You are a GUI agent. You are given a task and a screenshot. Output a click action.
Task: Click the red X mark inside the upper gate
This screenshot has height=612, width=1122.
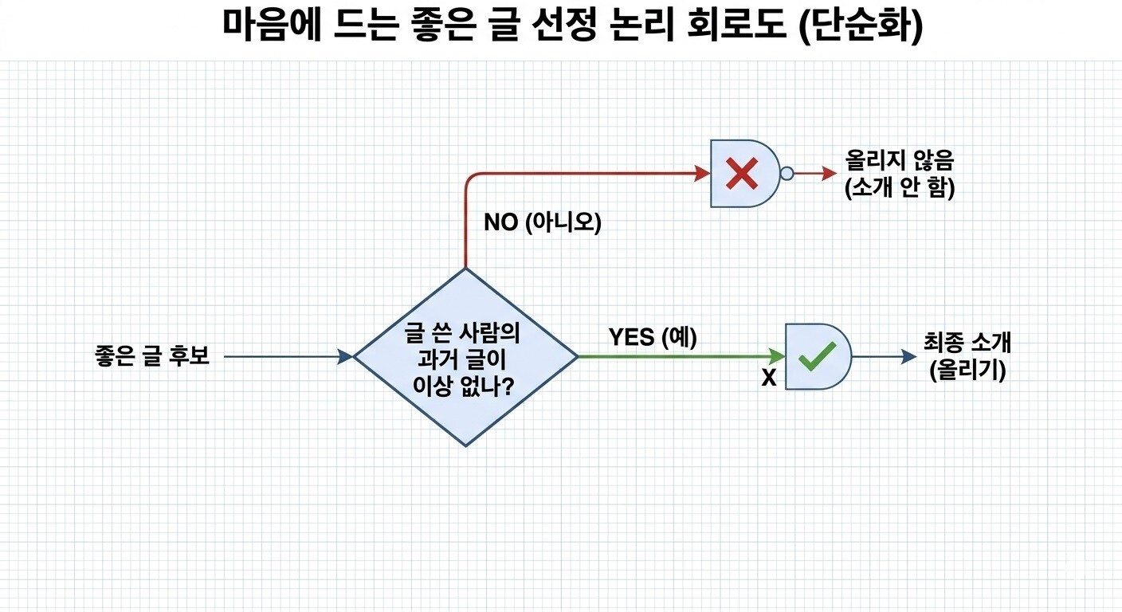coord(742,173)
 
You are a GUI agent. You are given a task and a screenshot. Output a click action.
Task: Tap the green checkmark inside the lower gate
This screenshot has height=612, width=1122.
coord(817,356)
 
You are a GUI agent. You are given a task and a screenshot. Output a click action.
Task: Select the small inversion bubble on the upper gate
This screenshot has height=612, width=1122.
coord(787,174)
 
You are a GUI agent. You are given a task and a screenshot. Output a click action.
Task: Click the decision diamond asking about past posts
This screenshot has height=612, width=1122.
coord(466,357)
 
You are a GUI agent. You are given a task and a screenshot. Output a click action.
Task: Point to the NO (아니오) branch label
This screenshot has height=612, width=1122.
coord(543,222)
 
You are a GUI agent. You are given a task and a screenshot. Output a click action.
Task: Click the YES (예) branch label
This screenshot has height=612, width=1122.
coord(653,337)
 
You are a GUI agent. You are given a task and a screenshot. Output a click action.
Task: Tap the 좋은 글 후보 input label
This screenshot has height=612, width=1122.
coord(151,356)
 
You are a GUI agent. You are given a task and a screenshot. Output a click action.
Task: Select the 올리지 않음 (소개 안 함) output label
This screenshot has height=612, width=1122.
coord(900,174)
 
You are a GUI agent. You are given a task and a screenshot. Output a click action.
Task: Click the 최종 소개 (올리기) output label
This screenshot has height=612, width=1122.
coord(967,356)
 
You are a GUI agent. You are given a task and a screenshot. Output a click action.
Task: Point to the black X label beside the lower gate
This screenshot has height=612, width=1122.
coord(769,379)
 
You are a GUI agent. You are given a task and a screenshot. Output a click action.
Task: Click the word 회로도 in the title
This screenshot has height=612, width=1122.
coord(736,24)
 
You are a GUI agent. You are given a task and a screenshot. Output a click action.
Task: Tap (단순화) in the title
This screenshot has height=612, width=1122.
coord(861,25)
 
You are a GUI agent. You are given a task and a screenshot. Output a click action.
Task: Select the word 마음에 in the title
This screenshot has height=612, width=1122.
coord(272,24)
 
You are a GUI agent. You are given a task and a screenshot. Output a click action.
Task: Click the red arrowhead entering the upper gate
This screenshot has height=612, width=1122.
coord(702,174)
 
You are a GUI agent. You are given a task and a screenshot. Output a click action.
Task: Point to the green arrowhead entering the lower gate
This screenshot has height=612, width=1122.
coord(777,357)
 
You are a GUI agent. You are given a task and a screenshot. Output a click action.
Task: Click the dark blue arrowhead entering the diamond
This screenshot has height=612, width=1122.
coord(346,357)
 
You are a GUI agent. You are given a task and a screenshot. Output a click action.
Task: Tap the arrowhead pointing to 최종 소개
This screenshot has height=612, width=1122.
coord(909,357)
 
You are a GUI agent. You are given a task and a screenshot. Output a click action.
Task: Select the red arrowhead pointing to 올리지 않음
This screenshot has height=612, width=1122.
coord(830,174)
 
